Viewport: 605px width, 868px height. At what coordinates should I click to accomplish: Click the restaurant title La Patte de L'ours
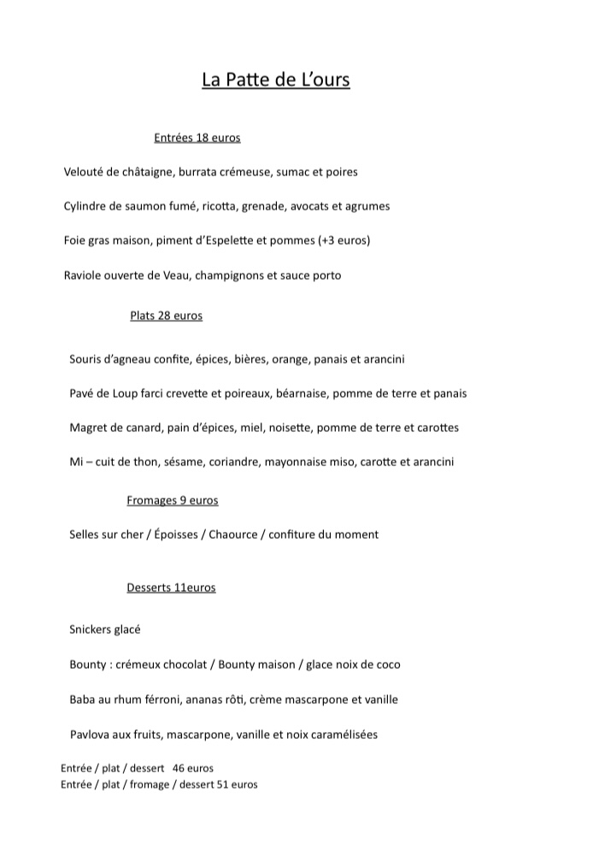click(x=276, y=80)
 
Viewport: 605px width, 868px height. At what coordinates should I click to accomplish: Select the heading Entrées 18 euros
click(x=197, y=138)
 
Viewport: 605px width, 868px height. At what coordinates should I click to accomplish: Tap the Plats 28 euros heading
click(x=167, y=316)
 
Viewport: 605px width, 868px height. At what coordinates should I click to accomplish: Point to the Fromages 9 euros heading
click(x=173, y=500)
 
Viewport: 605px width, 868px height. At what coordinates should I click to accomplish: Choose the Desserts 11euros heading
click(x=171, y=588)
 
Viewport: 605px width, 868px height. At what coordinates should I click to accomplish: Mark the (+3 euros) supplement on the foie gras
click(x=344, y=240)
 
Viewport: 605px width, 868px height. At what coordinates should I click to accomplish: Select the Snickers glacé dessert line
click(x=105, y=630)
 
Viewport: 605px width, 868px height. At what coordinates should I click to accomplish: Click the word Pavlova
click(x=90, y=734)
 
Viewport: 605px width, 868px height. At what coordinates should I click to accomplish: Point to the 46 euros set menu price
click(x=193, y=768)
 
